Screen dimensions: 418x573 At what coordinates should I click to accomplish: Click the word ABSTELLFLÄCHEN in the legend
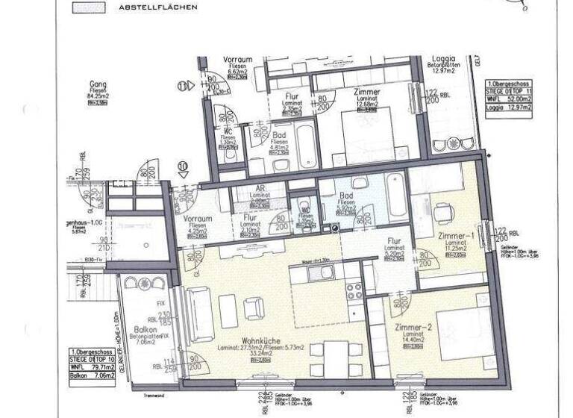coord(158,7)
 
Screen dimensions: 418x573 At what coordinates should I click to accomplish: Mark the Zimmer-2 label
coord(403,328)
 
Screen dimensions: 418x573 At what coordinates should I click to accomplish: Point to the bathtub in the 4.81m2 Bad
coord(306,148)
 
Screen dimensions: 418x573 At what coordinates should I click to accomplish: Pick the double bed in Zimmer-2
coord(446,322)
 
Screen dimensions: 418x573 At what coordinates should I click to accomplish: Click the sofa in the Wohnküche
coord(200,314)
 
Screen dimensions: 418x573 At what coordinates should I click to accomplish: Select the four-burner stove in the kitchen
coord(353,290)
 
